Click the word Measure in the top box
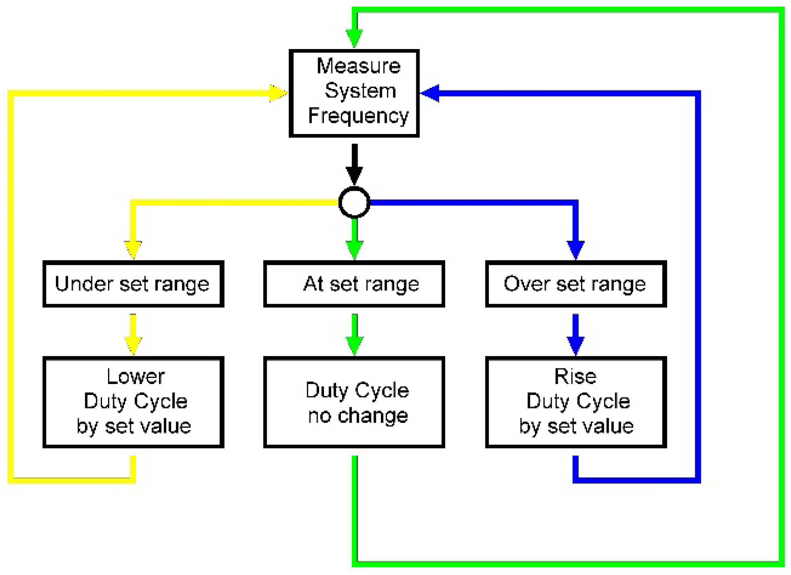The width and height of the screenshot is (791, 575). [358, 66]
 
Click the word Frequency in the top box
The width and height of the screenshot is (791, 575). [358, 116]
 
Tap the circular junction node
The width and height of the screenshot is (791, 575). [354, 202]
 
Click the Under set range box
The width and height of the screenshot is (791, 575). [133, 284]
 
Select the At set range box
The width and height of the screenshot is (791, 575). [354, 284]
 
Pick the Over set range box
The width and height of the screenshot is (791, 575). [576, 284]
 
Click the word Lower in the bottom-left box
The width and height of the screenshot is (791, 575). [135, 377]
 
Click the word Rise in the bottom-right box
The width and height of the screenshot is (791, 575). [575, 377]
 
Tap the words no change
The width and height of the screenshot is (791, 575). [358, 415]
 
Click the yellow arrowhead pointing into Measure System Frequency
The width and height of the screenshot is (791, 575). [277, 93]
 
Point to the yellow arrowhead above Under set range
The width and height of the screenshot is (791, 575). [133, 249]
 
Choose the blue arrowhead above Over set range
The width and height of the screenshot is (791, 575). [576, 249]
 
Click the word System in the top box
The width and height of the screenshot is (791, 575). [360, 91]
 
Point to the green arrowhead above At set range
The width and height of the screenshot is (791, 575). [354, 249]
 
